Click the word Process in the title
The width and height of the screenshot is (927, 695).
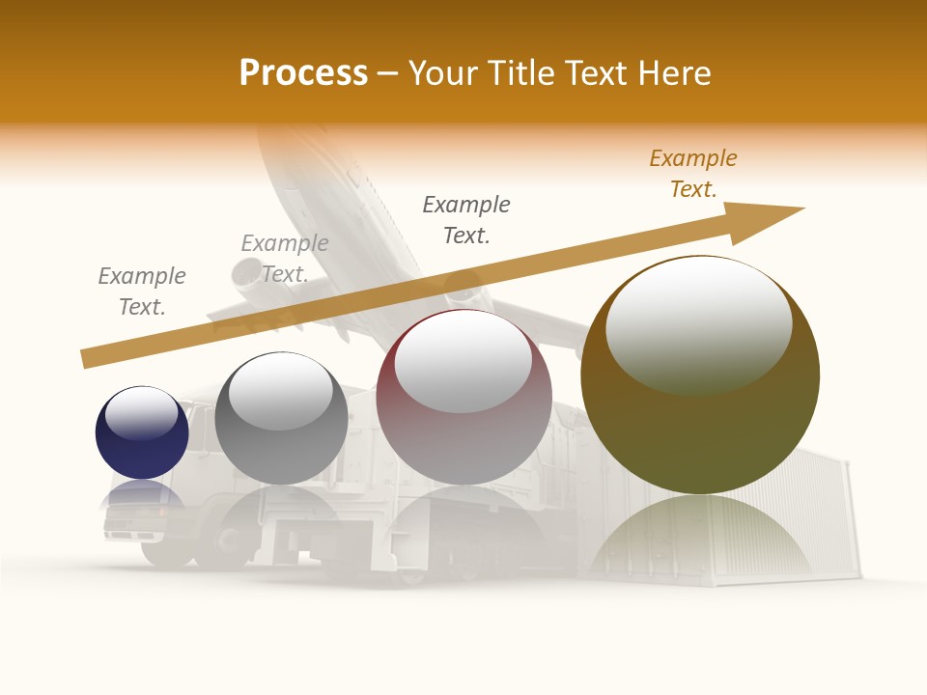pyautogui.click(x=303, y=73)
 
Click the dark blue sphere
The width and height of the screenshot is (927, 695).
pyautogui.click(x=142, y=449)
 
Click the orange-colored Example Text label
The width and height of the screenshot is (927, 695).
pyautogui.click(x=693, y=174)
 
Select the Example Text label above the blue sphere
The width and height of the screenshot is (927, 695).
pyautogui.click(x=142, y=292)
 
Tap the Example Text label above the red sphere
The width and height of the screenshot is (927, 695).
pyautogui.click(x=466, y=219)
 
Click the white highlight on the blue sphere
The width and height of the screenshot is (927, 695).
pyautogui.click(x=142, y=413)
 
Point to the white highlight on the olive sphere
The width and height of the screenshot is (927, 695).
pyautogui.click(x=699, y=323)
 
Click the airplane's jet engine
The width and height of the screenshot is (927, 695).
pyautogui.click(x=249, y=274)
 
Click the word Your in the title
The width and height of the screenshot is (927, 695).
pyautogui.click(x=444, y=73)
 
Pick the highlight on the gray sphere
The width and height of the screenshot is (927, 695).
pyautogui.click(x=281, y=391)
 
